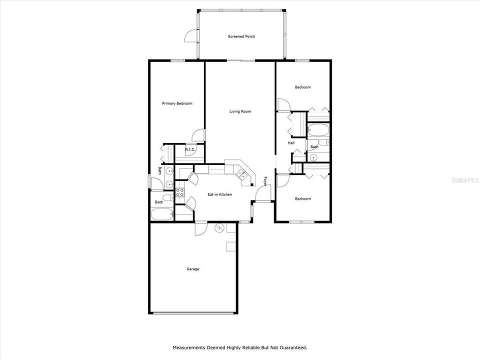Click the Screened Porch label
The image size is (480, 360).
[x=241, y=36]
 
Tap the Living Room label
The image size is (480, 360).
[x=240, y=111]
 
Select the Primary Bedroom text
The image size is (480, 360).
[x=177, y=103]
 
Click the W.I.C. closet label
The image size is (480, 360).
[x=189, y=149]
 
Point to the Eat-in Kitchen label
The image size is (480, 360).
[x=219, y=194]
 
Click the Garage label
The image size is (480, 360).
[x=193, y=269]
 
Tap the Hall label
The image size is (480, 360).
[x=291, y=143]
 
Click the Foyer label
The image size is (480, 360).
[x=265, y=181]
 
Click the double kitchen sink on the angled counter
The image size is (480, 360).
[x=241, y=174]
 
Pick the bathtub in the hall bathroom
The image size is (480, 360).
[x=318, y=131]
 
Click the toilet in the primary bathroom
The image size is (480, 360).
[x=167, y=197]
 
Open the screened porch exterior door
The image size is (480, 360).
[x=190, y=35]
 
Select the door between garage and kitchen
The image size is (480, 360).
[x=200, y=228]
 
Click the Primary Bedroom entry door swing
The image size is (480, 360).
[x=198, y=135]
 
